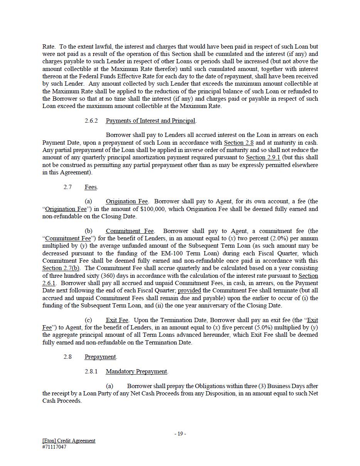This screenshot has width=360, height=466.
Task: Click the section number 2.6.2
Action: click(91, 121)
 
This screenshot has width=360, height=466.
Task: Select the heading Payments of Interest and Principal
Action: click(151, 121)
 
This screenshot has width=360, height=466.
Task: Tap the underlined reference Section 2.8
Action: click(239, 143)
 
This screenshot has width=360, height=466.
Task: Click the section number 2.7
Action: click(67, 187)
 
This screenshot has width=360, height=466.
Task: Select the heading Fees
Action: click(91, 187)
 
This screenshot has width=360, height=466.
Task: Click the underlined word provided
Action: click(189, 290)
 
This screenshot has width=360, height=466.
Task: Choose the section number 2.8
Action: click(67, 357)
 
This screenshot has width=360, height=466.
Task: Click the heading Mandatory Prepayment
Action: click(136, 371)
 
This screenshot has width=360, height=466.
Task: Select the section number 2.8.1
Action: click(91, 371)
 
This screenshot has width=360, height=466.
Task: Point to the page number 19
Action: click(180, 434)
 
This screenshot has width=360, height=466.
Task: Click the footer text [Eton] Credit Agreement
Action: click(69, 441)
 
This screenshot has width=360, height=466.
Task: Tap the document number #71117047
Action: click(54, 447)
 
